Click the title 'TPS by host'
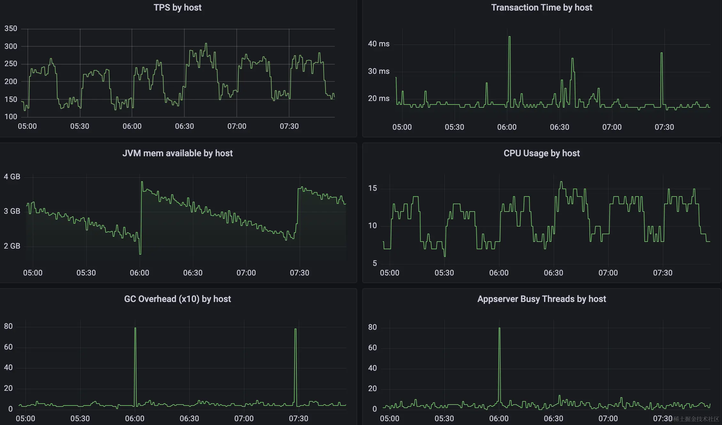pos(177,8)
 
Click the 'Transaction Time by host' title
pos(541,8)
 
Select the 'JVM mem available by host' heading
pos(177,153)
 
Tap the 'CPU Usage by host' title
pos(541,153)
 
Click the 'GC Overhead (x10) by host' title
pos(177,299)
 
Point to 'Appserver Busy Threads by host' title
pos(541,299)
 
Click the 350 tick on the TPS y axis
pos(11,29)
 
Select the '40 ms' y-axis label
pos(379,44)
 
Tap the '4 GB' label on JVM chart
pos(12,177)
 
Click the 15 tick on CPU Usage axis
pos(373,188)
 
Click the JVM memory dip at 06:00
pos(140,253)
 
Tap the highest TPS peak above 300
pos(206,44)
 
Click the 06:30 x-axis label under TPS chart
pos(184,127)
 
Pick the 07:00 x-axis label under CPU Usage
pos(608,273)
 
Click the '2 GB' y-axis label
pos(12,246)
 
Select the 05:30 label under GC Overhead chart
pos(80,419)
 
